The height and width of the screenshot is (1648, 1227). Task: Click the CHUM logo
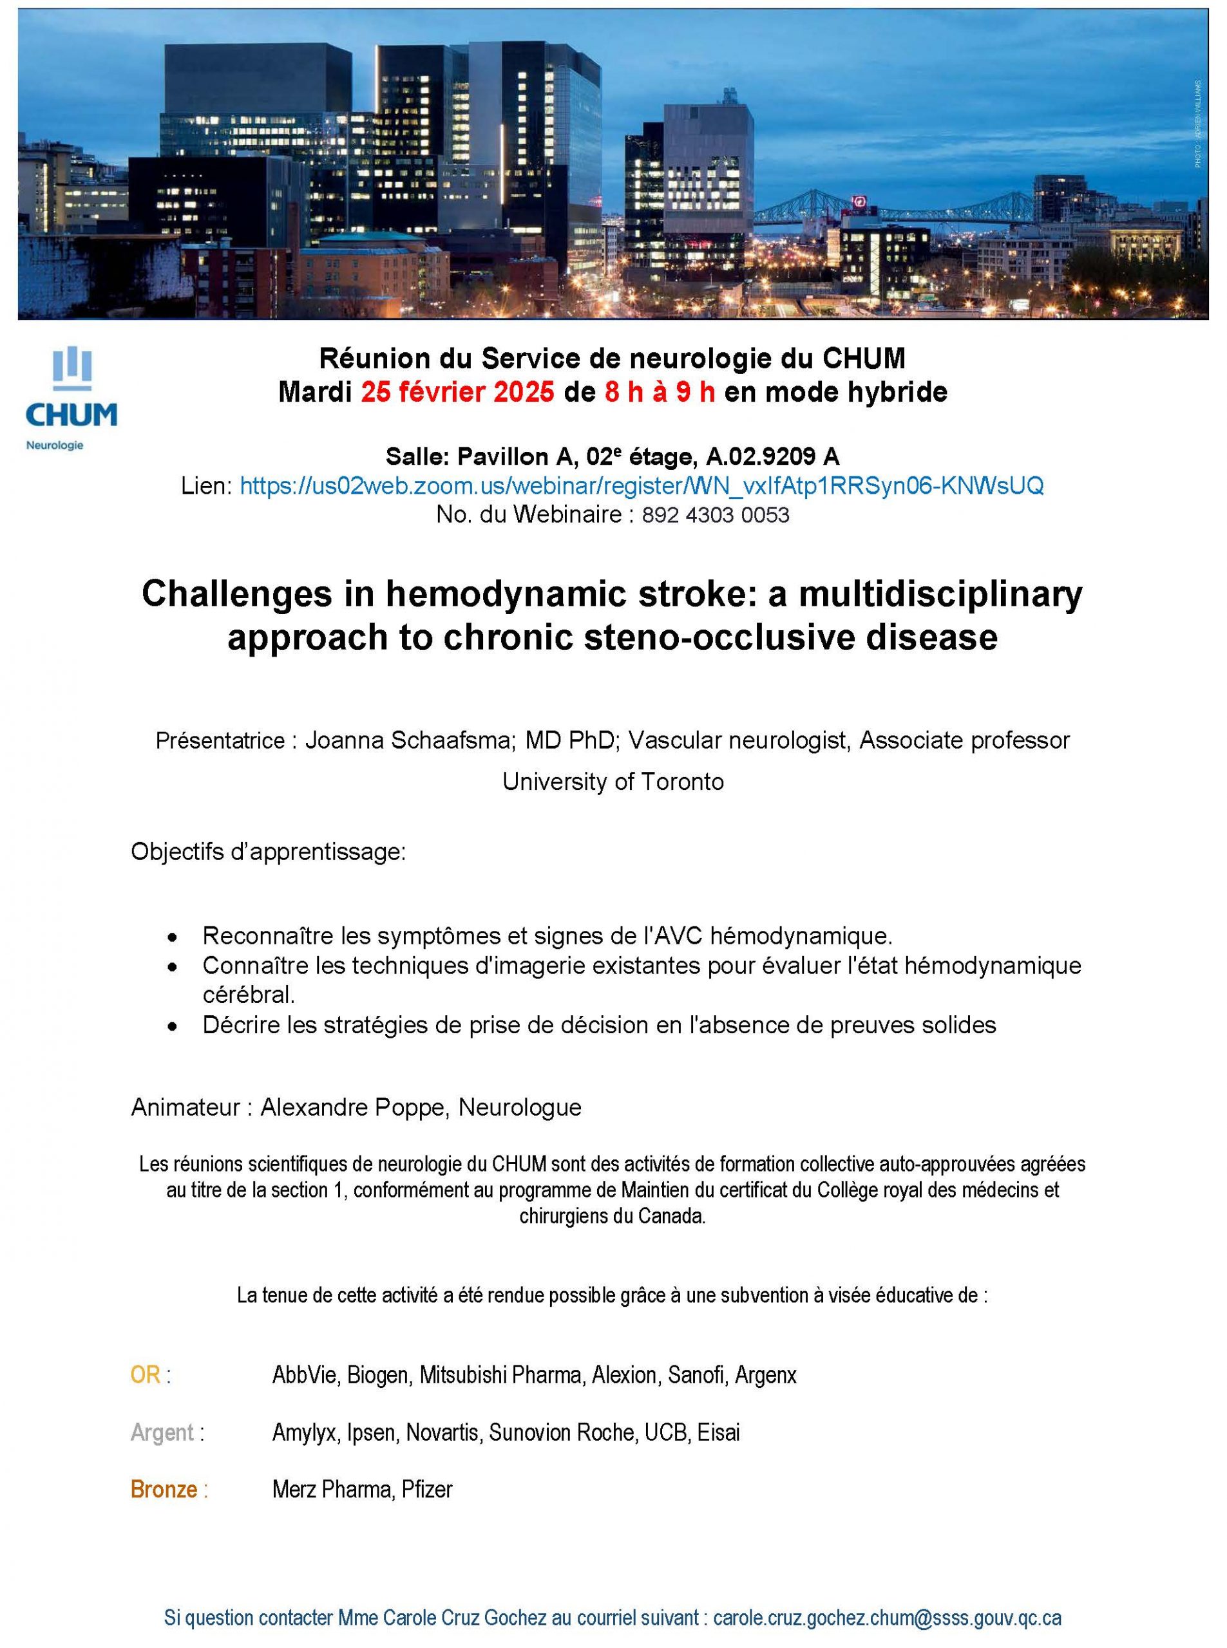point(71,397)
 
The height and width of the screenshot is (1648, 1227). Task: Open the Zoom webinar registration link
point(641,485)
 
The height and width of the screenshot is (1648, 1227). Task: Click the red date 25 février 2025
point(457,391)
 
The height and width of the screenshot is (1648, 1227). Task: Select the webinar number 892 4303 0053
point(714,514)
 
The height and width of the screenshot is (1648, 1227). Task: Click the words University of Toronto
point(613,782)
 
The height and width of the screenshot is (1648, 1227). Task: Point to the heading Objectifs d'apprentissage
point(268,852)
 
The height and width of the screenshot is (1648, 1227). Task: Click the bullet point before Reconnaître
point(173,937)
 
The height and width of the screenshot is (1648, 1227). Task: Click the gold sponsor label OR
point(146,1375)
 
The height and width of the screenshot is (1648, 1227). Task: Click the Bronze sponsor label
point(164,1489)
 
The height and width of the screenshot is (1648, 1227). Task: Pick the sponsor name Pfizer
point(427,1489)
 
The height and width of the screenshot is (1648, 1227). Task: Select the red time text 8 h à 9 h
point(660,391)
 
